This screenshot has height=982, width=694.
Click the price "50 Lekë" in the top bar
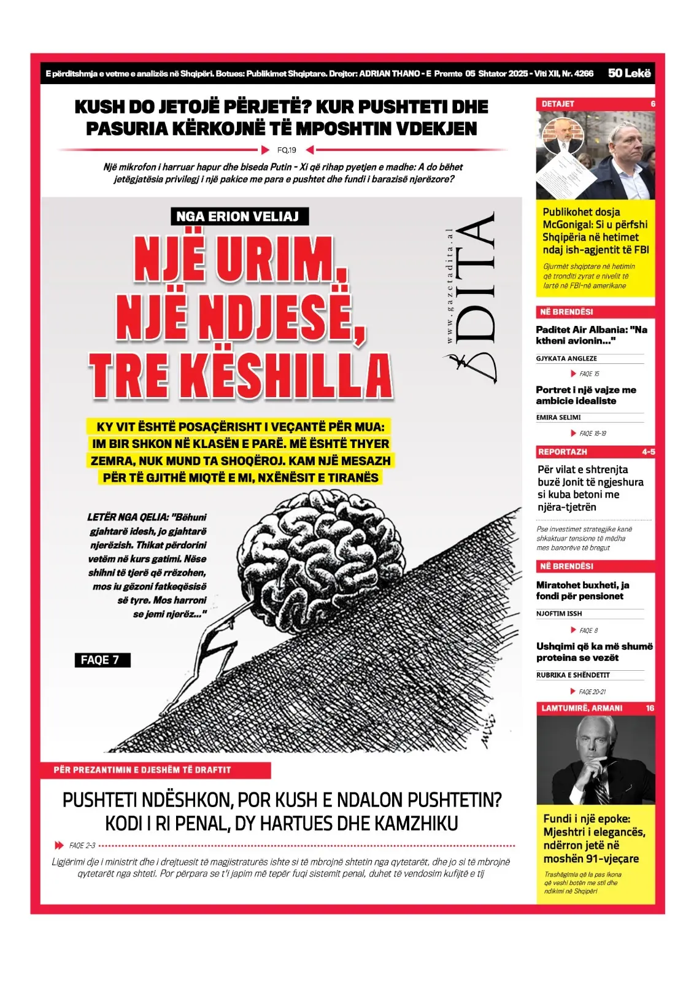click(629, 73)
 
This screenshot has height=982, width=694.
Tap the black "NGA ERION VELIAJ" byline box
click(238, 217)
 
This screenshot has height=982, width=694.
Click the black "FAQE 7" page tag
click(101, 660)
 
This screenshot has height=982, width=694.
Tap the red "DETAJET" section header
click(558, 104)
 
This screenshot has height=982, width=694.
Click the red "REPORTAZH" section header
click(563, 452)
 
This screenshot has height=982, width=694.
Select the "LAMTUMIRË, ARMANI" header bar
click(582, 708)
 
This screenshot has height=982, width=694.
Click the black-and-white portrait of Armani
click(595, 760)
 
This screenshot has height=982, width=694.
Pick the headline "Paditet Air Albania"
click(591, 335)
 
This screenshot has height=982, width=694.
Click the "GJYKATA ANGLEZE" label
click(566, 358)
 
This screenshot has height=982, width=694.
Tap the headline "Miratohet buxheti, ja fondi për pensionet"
click(582, 590)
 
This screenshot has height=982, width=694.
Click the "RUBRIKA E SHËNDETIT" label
click(573, 675)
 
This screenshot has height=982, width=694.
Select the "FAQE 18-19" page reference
click(592, 433)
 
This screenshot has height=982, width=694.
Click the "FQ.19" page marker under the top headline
click(287, 150)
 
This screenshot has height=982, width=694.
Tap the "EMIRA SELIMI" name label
click(558, 417)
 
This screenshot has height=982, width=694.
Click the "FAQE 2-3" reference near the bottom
click(82, 845)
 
